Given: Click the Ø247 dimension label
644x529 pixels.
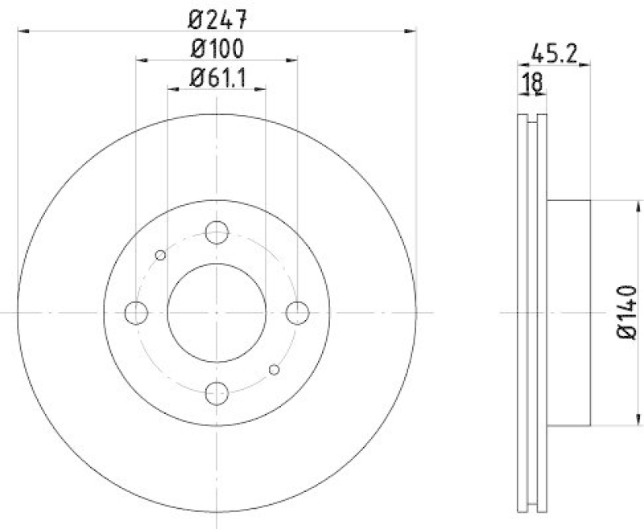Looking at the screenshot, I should point(217,15).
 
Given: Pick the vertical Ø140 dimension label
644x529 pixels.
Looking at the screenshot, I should point(628,310).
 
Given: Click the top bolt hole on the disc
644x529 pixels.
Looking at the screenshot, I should point(217,232).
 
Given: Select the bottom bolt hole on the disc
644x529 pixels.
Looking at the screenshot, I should point(217,392).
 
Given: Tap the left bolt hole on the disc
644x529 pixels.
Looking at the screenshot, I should point(137,312).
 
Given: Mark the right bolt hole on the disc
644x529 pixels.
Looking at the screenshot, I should point(298,312).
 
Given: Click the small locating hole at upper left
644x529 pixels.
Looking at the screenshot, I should point(160,256).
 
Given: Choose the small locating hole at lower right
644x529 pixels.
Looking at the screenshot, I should point(275,369).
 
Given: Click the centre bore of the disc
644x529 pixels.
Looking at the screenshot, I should point(217,312).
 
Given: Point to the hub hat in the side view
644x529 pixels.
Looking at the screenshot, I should point(570,312).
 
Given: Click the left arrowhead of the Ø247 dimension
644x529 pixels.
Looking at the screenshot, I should point(22,31).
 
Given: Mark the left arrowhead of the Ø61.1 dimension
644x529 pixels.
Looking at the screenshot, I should point(171,90).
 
